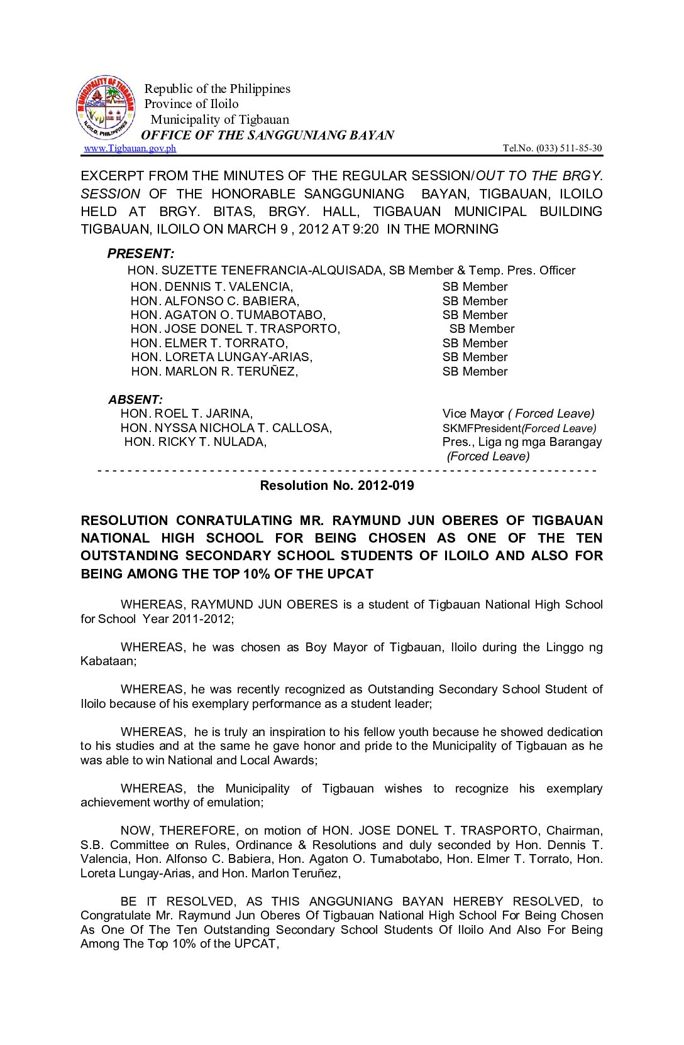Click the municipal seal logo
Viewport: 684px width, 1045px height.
105,108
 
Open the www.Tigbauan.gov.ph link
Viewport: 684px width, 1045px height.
130,148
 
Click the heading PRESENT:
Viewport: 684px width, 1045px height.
140,254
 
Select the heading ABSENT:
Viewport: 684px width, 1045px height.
135,399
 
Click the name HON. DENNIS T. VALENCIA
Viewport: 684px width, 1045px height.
211,286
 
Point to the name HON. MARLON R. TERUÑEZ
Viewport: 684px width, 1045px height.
214,371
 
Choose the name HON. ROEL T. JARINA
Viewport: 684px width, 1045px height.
186,413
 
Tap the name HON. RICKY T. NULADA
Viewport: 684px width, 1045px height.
195,441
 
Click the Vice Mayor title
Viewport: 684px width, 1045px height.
473,413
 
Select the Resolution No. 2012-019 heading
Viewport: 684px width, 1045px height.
337,485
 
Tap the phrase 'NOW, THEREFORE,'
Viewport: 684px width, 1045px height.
179,830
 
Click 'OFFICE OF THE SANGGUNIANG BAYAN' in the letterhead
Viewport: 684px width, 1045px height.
267,135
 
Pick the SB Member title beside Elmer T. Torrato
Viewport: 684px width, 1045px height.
475,343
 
